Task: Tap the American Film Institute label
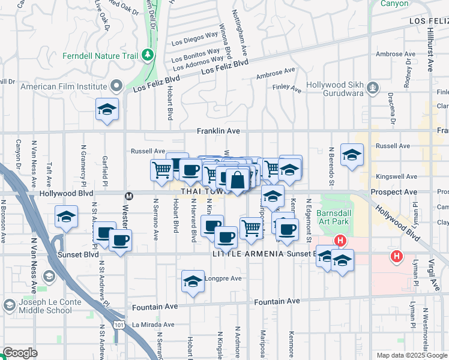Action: [x=64, y=86]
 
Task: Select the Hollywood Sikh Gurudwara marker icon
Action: [x=373, y=88]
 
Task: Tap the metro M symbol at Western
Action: [x=128, y=196]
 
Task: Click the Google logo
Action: [x=20, y=353]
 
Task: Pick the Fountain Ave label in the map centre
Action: [x=276, y=301]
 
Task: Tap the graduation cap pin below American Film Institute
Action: [x=107, y=109]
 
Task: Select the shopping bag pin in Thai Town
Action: [x=238, y=179]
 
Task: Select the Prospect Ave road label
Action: [x=394, y=192]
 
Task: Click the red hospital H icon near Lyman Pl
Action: [x=396, y=257]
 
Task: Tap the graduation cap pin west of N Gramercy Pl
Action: [x=66, y=218]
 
